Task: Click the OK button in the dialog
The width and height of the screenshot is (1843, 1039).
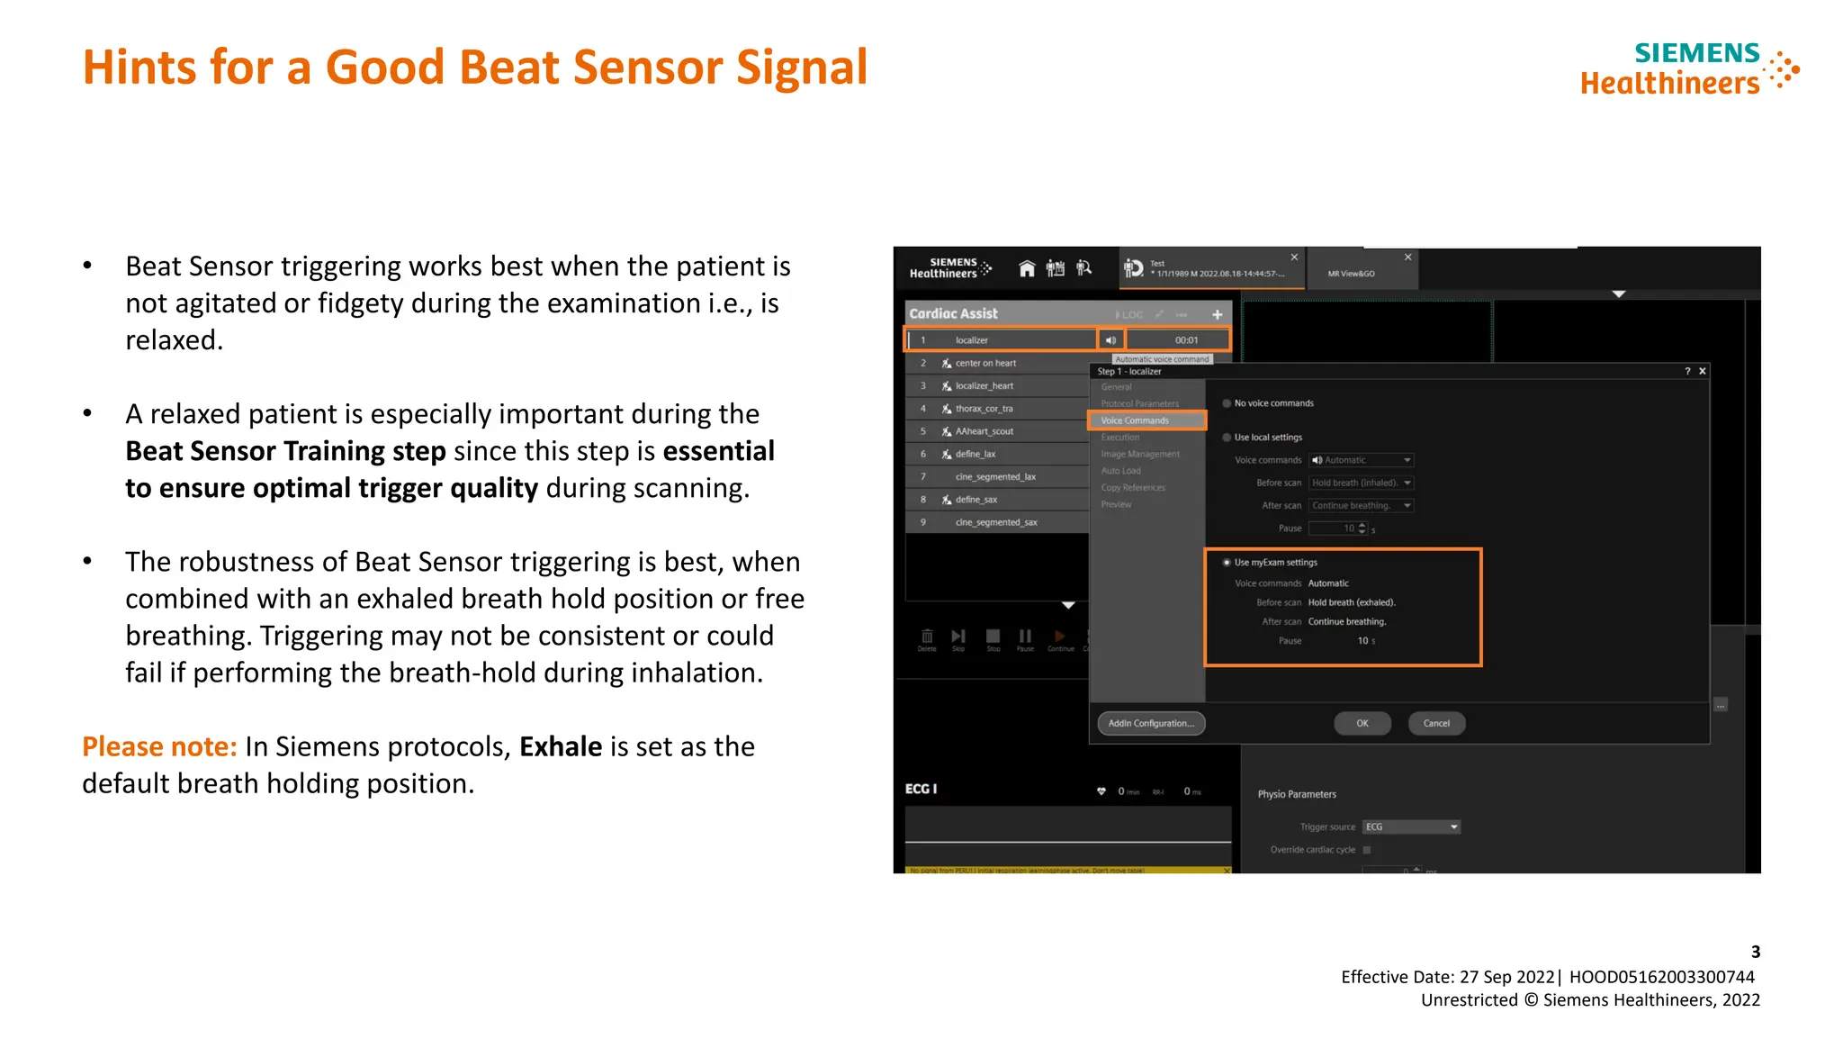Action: tap(1362, 723)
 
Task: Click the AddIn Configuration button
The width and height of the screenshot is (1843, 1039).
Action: tap(1151, 723)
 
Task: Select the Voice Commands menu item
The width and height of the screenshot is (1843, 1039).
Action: tap(1136, 420)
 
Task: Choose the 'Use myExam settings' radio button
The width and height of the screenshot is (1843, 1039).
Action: tap(1227, 563)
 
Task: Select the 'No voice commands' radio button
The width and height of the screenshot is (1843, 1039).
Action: tap(1227, 403)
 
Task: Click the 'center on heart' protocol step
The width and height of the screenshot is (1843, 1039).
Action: tap(985, 364)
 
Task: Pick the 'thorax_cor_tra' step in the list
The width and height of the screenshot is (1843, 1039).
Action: tap(984, 409)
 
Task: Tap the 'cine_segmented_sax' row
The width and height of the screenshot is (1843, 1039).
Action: tap(995, 522)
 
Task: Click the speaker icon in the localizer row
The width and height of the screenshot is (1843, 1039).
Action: tap(1110, 340)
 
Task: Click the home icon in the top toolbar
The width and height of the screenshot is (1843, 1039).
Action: tap(1027, 268)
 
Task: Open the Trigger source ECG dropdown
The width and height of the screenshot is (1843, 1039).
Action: tap(1411, 827)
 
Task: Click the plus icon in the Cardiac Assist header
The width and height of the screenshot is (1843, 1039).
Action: tap(1217, 314)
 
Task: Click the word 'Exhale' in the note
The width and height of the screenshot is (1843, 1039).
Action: tap(561, 746)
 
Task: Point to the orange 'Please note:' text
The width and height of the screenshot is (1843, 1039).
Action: tap(159, 746)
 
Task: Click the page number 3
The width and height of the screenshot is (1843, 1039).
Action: tap(1755, 952)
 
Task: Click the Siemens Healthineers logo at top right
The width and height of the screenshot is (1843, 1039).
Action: tap(1689, 68)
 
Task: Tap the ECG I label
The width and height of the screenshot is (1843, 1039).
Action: tap(921, 789)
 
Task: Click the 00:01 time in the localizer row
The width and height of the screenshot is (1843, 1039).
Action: tap(1186, 340)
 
